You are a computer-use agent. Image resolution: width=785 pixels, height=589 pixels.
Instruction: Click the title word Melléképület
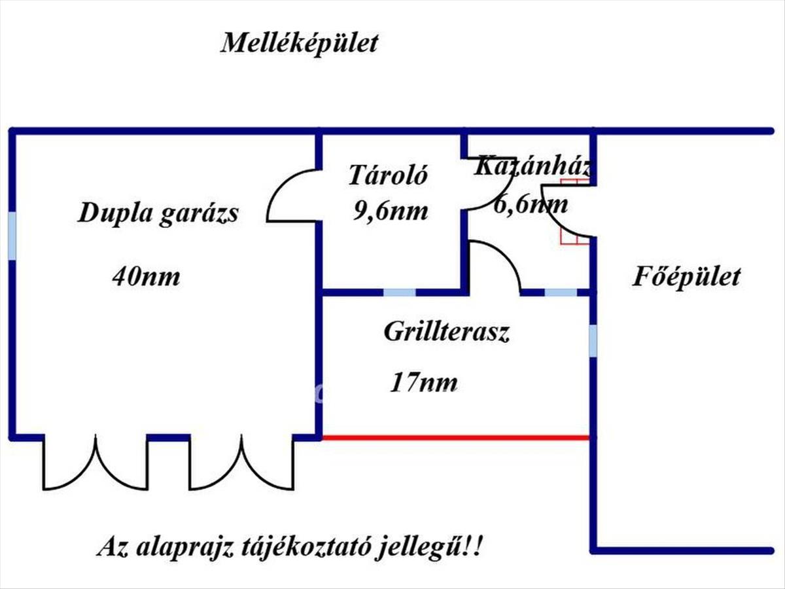(x=300, y=44)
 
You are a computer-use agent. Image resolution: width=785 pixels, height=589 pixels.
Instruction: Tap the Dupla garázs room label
(x=158, y=214)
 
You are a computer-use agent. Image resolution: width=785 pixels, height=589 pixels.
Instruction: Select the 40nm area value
(x=146, y=277)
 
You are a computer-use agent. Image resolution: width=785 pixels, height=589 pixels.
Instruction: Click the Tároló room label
(x=388, y=175)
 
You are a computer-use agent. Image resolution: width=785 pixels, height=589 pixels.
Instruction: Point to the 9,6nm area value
(x=390, y=211)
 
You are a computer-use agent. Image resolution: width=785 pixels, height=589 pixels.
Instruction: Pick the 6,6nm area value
(x=531, y=205)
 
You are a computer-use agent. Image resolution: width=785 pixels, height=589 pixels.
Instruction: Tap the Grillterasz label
(x=446, y=332)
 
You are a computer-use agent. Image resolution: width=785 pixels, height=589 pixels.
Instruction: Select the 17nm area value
(x=423, y=382)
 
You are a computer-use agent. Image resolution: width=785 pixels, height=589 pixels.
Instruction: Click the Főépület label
(x=686, y=276)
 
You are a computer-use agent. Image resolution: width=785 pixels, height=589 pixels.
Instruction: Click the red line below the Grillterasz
(x=455, y=437)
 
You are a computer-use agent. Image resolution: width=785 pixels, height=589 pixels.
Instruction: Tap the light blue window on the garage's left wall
(x=12, y=236)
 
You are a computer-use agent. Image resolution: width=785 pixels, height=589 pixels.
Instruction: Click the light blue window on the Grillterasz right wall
(x=593, y=341)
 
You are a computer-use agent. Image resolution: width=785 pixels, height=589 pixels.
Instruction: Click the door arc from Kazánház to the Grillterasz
(x=496, y=265)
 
